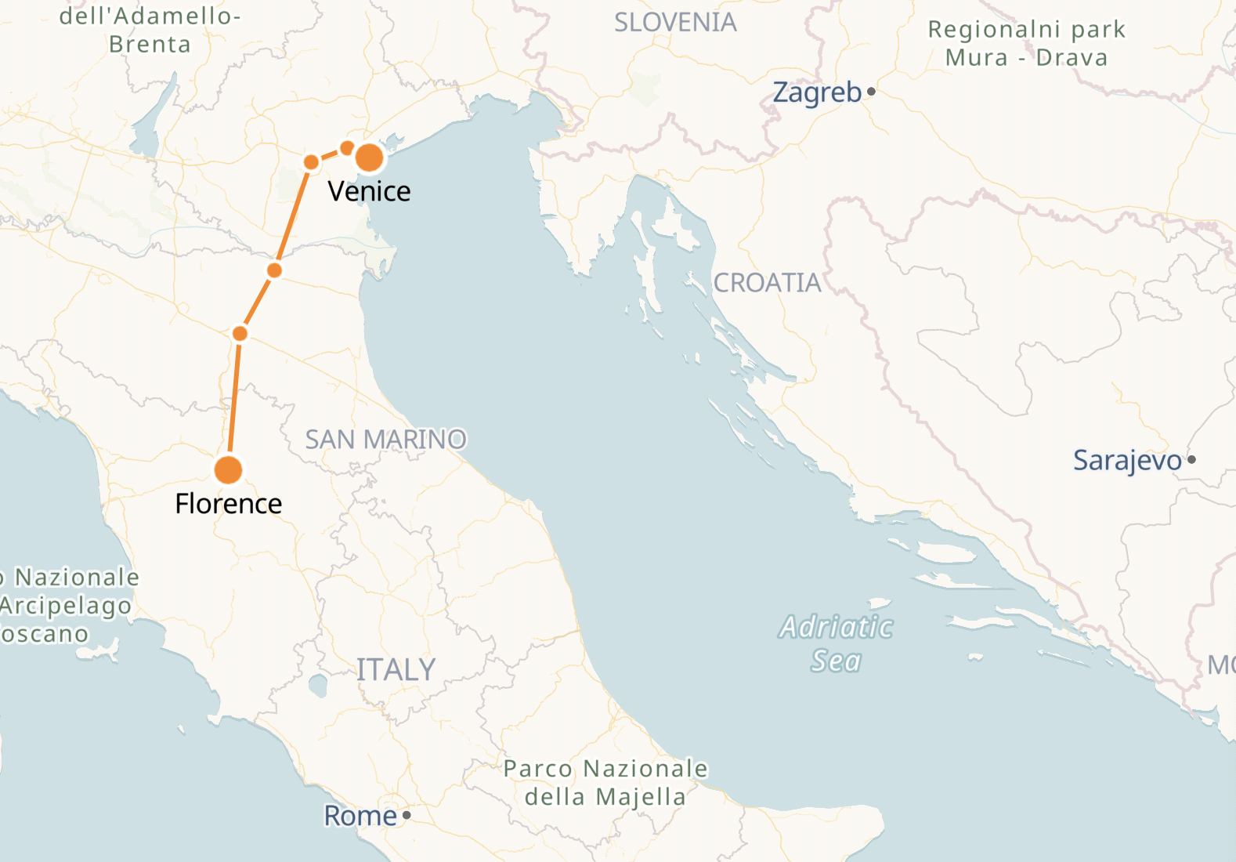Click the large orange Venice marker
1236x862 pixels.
pos(369,158)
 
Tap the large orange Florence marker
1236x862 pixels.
pos(228,470)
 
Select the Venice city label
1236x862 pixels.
pos(369,191)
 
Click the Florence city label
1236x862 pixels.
pos(228,503)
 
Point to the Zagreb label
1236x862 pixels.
pos(817,92)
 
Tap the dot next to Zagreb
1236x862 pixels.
pos(871,92)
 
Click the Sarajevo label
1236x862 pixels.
pos(1126,460)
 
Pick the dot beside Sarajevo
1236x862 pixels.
pos(1191,460)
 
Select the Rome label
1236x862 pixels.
pos(360,816)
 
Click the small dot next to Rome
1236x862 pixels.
pos(407,816)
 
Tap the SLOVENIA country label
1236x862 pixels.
pos(675,23)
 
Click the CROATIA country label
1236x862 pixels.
pos(767,283)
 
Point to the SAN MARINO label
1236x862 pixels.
pos(385,440)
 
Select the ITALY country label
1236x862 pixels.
pos(396,670)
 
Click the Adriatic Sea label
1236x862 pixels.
pos(836,643)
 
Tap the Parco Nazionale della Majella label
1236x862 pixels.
pos(605,782)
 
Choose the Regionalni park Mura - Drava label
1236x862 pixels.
pos(1026,43)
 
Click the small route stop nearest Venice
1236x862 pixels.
pos(347,148)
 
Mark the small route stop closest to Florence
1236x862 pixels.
pos(240,334)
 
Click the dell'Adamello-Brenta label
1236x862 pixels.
pos(150,30)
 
